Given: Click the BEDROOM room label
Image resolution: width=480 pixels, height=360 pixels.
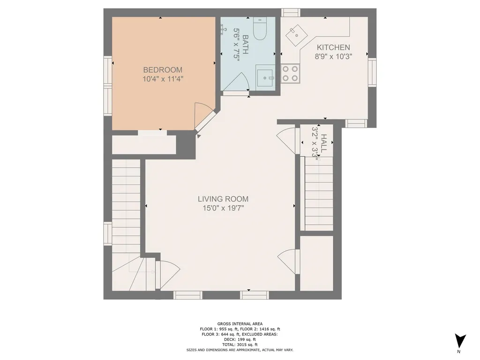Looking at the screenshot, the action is pyautogui.click(x=163, y=70).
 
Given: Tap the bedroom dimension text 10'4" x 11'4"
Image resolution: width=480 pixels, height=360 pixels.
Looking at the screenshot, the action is pyautogui.click(x=163, y=79).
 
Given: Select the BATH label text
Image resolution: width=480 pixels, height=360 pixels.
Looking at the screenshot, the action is pyautogui.click(x=246, y=45).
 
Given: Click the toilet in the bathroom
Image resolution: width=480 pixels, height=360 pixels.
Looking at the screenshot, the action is pyautogui.click(x=260, y=29).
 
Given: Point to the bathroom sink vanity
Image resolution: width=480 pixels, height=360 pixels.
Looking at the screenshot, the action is pyautogui.click(x=264, y=78).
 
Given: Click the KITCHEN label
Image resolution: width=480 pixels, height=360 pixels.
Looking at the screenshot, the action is pyautogui.click(x=333, y=47).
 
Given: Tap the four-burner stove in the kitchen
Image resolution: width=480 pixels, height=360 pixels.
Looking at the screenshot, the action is pyautogui.click(x=290, y=74).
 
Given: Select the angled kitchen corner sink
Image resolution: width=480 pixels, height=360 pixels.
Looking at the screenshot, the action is pyautogui.click(x=296, y=35).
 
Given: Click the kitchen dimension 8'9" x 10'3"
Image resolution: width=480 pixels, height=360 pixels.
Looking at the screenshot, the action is pyautogui.click(x=333, y=56).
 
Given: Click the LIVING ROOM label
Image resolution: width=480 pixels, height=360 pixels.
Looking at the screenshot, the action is pyautogui.click(x=223, y=199).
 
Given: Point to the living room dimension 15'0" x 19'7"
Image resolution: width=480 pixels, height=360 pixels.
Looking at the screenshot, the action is pyautogui.click(x=223, y=208).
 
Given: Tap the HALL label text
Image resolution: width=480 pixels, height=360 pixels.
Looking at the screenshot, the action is pyautogui.click(x=323, y=143).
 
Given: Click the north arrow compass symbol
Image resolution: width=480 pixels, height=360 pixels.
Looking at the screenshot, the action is pyautogui.click(x=460, y=341).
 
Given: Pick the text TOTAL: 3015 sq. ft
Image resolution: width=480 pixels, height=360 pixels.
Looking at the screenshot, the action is pyautogui.click(x=240, y=345).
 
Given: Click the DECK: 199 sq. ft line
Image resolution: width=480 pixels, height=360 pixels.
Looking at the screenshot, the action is pyautogui.click(x=240, y=339).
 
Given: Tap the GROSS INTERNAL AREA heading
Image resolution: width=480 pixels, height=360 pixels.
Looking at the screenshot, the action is pyautogui.click(x=240, y=324).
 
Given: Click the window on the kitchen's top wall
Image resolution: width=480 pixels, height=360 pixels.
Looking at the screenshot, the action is pyautogui.click(x=291, y=13).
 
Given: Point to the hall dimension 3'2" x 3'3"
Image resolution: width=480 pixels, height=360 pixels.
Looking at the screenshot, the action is pyautogui.click(x=315, y=142).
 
